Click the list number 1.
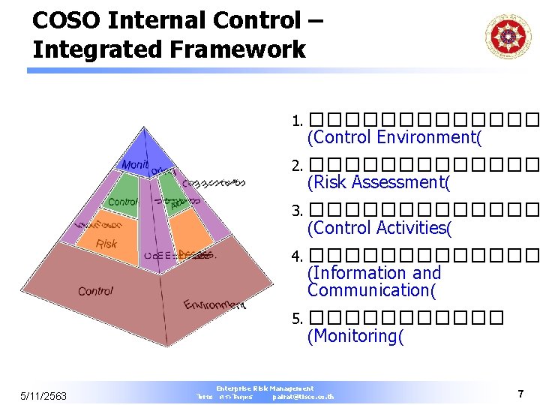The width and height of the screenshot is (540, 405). [x=296, y=121]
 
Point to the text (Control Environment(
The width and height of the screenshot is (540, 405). [x=394, y=137]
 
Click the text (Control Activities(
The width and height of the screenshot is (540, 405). [x=379, y=228]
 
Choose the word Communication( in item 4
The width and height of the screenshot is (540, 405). [x=371, y=290]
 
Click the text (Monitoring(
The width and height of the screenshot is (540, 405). [x=355, y=336]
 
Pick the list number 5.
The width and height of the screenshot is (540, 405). [x=296, y=319]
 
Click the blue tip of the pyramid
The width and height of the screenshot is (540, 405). [x=145, y=150]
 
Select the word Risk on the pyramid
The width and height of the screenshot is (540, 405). [x=106, y=244]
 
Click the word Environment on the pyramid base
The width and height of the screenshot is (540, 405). [x=214, y=304]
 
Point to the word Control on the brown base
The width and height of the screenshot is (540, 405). [x=95, y=291]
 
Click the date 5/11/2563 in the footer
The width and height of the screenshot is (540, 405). [x=44, y=395]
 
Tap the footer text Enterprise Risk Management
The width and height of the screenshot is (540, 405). [x=265, y=388]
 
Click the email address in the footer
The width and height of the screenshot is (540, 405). [x=304, y=397]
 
